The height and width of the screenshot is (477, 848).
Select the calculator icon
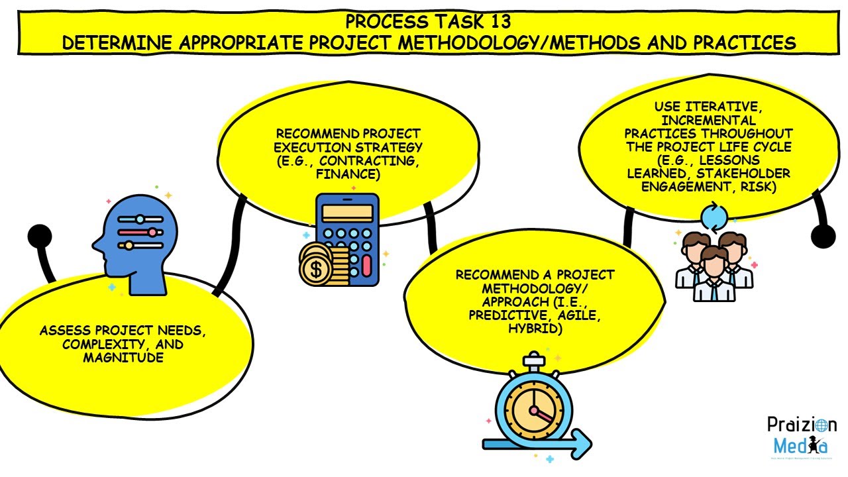point(348,238)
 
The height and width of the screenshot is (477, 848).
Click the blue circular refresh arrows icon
point(714,216)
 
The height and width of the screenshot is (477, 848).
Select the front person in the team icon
point(714,272)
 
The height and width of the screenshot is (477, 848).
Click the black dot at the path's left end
point(39,236)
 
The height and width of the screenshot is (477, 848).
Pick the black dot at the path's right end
point(823,236)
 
